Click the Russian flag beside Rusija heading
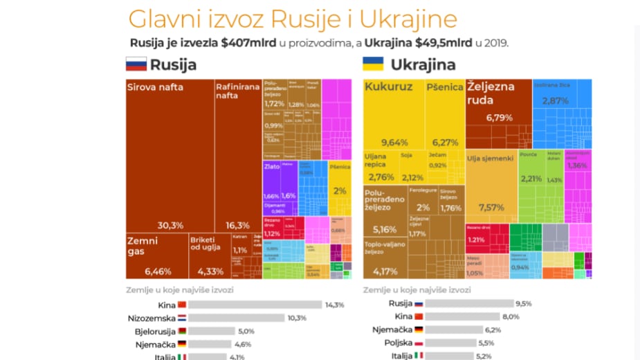click(136, 65)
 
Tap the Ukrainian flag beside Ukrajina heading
click(374, 65)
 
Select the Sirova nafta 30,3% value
click(170, 225)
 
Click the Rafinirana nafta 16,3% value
click(238, 225)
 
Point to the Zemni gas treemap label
click(143, 246)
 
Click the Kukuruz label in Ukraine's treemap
click(388, 87)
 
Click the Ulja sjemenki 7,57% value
click(491, 207)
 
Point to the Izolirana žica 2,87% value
click(556, 100)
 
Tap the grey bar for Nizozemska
click(236, 318)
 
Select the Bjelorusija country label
click(155, 331)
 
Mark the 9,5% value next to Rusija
click(523, 304)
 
